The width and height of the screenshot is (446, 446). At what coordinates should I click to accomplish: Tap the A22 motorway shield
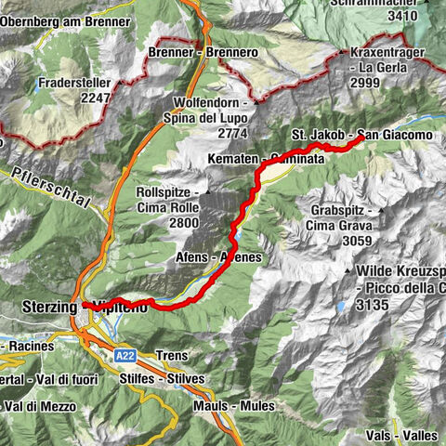coord(127,355)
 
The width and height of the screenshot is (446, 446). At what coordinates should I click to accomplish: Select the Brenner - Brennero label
coord(203,53)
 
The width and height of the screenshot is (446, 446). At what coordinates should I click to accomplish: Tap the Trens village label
coord(174,356)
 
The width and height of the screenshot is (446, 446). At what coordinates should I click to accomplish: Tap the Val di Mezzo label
coord(37,405)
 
